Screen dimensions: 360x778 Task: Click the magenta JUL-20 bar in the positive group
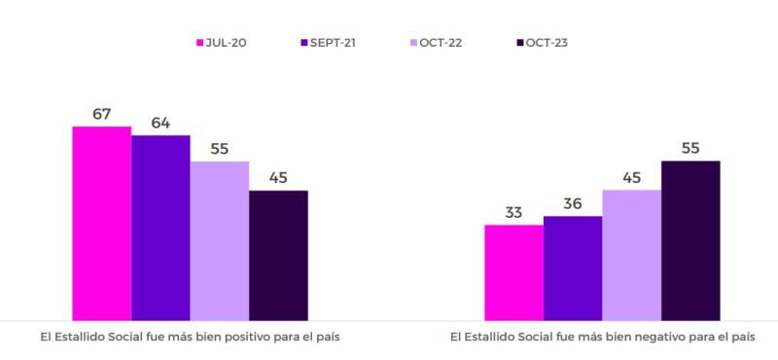click(101, 223)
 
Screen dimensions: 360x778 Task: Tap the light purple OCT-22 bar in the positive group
click(219, 240)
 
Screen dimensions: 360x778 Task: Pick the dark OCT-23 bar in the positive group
click(278, 255)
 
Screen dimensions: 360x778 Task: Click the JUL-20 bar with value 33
click(513, 272)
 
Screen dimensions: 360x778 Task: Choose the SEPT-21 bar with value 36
click(573, 268)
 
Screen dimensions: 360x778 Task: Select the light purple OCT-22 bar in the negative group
click(631, 255)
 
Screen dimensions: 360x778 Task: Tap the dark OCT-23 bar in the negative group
click(690, 240)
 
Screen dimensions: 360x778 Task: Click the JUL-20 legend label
click(226, 42)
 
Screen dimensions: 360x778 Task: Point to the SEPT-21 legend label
click(333, 42)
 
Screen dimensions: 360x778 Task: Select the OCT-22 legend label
click(442, 42)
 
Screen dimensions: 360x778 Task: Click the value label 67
click(101, 114)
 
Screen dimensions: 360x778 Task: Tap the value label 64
click(160, 123)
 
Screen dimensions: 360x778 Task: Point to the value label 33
click(513, 212)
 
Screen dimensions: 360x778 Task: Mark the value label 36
click(573, 203)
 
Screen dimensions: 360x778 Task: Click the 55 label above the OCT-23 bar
click(690, 148)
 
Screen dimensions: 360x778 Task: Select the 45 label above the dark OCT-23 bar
click(278, 177)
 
